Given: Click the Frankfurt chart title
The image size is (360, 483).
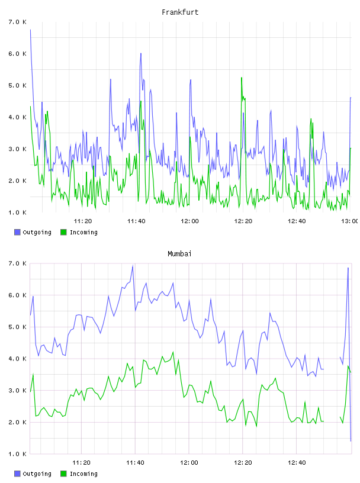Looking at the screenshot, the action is (x=180, y=12).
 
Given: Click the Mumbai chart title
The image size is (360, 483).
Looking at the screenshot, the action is (x=179, y=254).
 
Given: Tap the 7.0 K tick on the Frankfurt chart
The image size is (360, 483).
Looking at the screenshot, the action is (x=17, y=22).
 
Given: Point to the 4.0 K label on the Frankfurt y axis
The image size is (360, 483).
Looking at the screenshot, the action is (x=17, y=117).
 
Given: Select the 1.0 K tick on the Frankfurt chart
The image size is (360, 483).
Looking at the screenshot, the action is (x=17, y=212).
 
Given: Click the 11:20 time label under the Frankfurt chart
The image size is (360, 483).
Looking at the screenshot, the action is (x=83, y=221).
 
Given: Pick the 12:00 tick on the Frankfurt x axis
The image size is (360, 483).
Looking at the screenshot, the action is (x=189, y=221).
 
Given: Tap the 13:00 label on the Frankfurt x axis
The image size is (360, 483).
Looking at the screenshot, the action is (x=350, y=221).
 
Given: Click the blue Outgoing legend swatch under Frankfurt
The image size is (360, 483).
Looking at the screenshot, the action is (x=17, y=232).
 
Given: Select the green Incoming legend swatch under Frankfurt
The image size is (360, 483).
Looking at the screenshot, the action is (x=63, y=232).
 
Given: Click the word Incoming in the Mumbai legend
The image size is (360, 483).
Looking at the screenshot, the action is (x=83, y=474).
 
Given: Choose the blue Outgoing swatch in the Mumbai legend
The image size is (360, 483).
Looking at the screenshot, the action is (x=17, y=474).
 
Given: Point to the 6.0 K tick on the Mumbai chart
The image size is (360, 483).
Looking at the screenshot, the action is (x=17, y=295).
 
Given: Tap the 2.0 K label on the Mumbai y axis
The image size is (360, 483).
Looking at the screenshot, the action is (x=17, y=422).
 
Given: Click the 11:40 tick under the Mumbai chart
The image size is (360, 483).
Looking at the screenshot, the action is (x=135, y=463).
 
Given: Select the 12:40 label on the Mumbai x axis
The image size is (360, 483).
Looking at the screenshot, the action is (x=297, y=463).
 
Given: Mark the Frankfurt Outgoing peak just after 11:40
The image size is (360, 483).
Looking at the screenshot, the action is (x=141, y=53).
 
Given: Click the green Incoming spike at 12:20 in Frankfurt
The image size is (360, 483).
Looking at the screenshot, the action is (x=242, y=78).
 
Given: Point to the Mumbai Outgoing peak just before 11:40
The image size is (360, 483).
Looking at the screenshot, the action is (x=133, y=266).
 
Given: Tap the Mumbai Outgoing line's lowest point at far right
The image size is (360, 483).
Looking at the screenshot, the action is (x=351, y=441).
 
